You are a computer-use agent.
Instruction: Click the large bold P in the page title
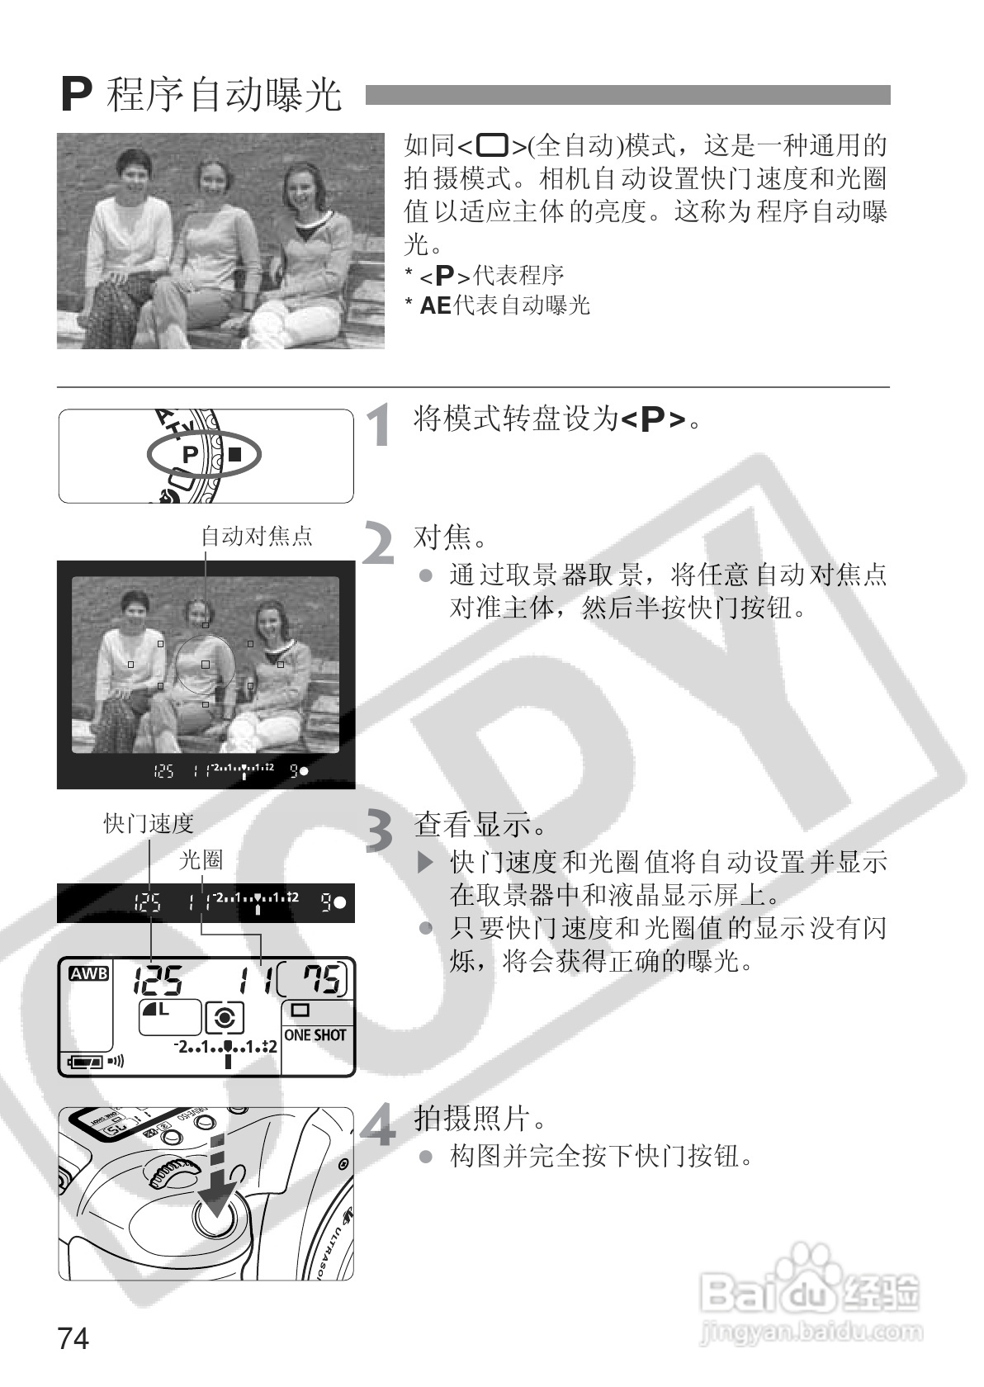77,95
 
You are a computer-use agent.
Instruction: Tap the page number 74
73,1338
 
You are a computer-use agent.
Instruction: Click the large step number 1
380,424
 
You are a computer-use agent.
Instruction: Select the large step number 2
378,543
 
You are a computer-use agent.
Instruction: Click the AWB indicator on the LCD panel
89,973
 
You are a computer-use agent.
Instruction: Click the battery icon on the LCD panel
86,1062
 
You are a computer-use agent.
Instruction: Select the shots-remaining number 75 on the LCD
321,979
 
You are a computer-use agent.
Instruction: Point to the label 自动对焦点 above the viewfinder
257,536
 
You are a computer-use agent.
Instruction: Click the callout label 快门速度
149,824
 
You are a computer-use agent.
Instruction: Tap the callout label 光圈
201,859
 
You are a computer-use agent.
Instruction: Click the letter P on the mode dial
190,455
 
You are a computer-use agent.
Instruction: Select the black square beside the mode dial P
234,454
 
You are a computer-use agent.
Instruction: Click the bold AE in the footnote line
435,305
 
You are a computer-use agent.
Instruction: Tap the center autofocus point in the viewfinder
206,665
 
